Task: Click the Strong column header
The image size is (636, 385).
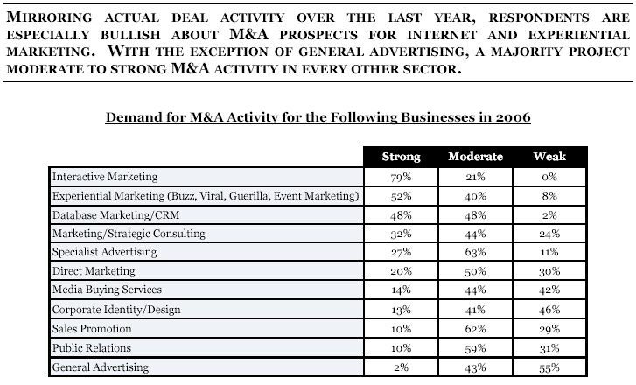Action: point(402,157)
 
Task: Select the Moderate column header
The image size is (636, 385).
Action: point(475,157)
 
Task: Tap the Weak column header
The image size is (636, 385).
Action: point(549,157)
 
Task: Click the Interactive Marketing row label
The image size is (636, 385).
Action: point(105,177)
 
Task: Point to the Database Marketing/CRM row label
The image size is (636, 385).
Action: point(116,215)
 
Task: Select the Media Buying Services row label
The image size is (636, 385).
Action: point(107,290)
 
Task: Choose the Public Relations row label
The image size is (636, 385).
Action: point(92,348)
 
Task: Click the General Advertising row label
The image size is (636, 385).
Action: point(101,367)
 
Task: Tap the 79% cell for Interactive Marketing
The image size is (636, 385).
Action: point(402,177)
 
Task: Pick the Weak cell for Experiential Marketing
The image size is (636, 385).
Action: point(549,196)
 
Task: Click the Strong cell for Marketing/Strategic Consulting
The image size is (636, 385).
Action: point(402,234)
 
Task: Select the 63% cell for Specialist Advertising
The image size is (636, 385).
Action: point(475,252)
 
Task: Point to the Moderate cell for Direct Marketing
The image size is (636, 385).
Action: point(475,271)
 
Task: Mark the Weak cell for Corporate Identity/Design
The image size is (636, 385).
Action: point(549,310)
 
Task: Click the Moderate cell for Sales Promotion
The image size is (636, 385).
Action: point(475,329)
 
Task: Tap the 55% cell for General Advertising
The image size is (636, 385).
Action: point(549,368)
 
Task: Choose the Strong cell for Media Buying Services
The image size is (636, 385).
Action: point(402,290)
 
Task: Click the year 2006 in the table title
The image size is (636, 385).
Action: point(514,117)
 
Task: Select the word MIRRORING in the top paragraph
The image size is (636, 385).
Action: point(50,17)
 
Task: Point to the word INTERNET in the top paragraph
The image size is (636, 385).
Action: point(442,35)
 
